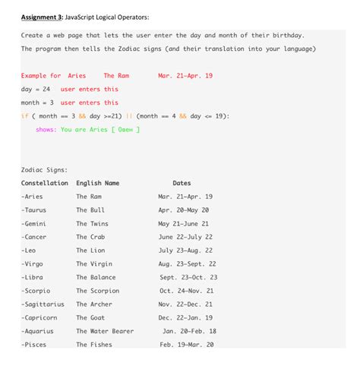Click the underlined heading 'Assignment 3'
coord(43,17)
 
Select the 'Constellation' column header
coord(45,183)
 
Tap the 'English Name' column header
coord(98,183)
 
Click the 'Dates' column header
coord(182,183)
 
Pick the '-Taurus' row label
coord(34,209)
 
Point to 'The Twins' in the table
coord(93,223)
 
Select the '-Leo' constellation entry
coord(30,250)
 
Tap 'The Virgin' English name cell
coord(93,264)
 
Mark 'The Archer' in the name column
coord(94,304)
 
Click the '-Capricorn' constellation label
coord(39,318)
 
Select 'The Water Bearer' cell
coord(105,331)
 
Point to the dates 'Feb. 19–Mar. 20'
coord(187,345)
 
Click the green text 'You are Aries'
coord(84,129)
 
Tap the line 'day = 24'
coord(36,89)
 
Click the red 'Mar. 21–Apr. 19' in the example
coord(185,76)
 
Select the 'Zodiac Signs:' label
coord(45,170)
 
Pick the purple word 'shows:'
coord(46,129)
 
